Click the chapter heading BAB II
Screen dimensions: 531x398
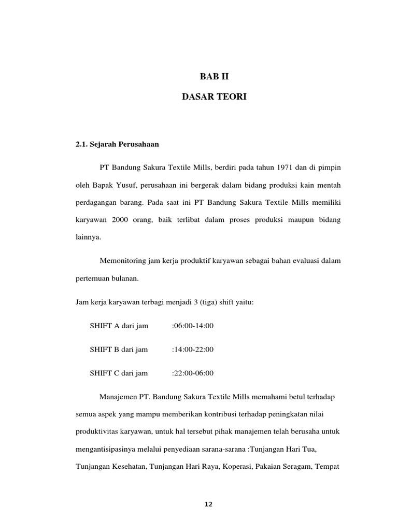pyautogui.click(x=214, y=77)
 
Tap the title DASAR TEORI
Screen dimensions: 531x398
pyautogui.click(x=214, y=97)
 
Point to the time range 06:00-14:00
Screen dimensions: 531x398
pyautogui.click(x=194, y=326)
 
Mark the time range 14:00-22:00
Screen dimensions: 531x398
pyautogui.click(x=194, y=350)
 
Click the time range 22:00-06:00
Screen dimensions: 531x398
pyautogui.click(x=194, y=373)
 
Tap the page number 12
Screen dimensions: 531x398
pyautogui.click(x=208, y=504)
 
